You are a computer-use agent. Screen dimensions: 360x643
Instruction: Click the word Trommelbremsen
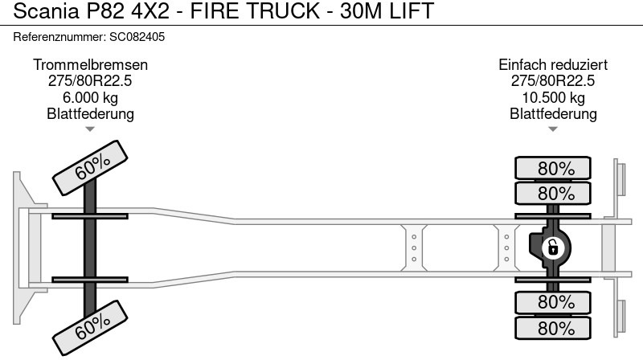click(90, 65)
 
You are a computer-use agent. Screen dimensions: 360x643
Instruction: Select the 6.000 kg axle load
click(90, 98)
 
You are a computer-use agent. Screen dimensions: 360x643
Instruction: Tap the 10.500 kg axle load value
click(553, 98)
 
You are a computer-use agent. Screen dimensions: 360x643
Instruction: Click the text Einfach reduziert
click(553, 65)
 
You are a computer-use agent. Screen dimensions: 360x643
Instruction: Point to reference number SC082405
click(136, 37)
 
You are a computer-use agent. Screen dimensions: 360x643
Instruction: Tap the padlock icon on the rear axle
click(552, 247)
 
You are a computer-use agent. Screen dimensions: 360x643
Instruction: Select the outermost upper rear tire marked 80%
click(555, 169)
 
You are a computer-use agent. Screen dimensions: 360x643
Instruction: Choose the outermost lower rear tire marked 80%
click(555, 328)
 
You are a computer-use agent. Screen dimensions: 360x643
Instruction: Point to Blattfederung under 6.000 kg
click(90, 114)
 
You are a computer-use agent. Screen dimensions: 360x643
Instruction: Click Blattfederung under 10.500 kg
click(553, 114)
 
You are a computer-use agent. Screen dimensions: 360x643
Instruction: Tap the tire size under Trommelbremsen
click(90, 81)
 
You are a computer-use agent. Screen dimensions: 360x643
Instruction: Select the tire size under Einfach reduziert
click(553, 81)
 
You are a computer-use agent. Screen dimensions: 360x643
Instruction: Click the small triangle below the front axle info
click(90, 129)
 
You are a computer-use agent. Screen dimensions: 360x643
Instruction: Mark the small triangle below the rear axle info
click(553, 129)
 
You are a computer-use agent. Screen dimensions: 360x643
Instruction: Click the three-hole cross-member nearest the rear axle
click(506, 247)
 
